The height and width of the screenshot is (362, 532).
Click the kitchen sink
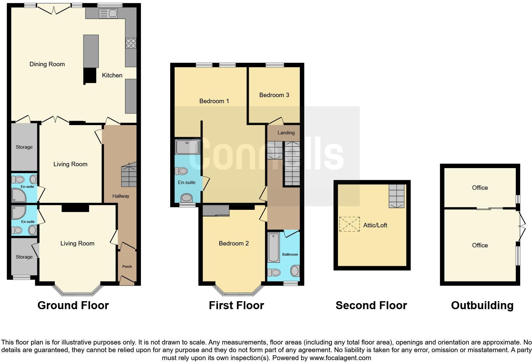coord(108,13)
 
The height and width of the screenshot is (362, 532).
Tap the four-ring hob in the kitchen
coord(131,43)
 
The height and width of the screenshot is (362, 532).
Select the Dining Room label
coord(47,64)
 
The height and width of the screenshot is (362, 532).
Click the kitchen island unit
coord(91,51)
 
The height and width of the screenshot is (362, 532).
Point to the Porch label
coord(127,266)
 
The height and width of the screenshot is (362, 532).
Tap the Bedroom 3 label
coord(274,95)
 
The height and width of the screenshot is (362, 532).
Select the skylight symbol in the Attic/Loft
coord(349,224)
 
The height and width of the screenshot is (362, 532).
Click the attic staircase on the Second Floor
coord(396,196)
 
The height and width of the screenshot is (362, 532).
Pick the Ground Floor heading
coord(73,305)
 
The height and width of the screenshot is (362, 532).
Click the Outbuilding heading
coord(482,305)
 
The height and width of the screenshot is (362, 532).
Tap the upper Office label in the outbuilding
coord(479,188)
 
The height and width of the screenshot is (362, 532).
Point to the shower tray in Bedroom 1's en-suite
coord(187,147)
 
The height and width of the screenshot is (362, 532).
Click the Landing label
coord(286,133)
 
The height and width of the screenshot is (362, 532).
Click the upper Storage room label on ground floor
coord(24,147)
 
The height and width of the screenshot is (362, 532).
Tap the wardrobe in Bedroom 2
coord(216,211)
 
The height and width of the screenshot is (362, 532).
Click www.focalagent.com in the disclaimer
coord(340,358)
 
